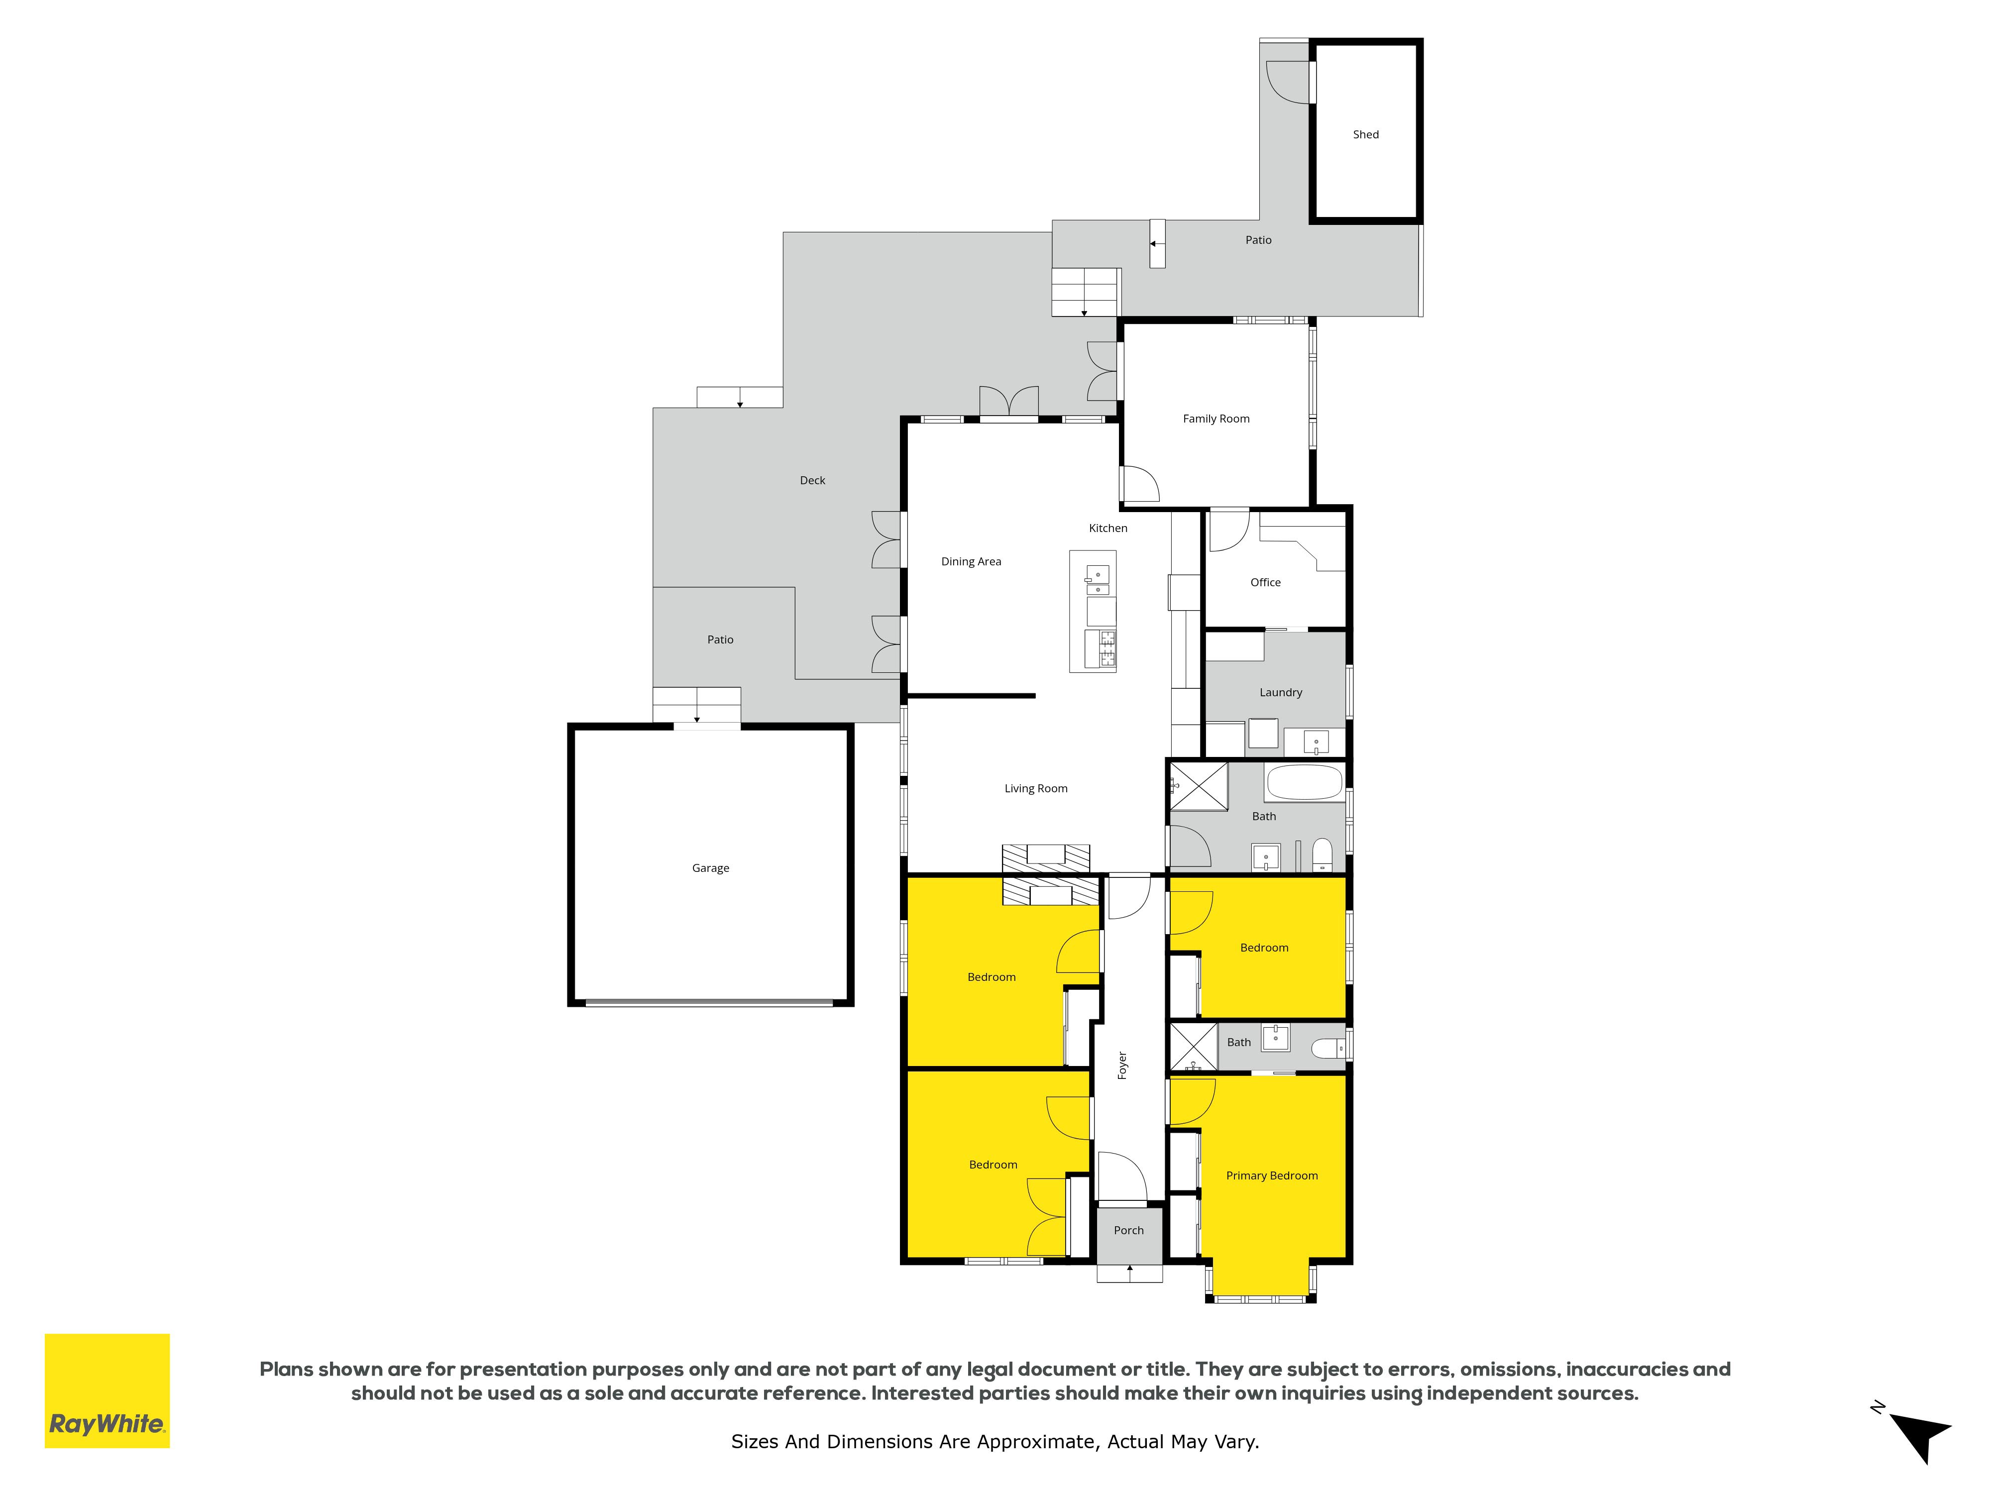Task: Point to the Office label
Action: click(x=1265, y=582)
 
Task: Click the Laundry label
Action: click(x=1281, y=693)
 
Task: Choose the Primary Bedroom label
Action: click(x=1272, y=1176)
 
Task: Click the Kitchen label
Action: click(x=1108, y=528)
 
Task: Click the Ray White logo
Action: click(x=107, y=1391)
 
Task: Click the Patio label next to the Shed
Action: click(x=1258, y=240)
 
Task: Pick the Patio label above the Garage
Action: click(x=720, y=640)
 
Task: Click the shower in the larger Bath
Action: click(x=1198, y=786)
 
